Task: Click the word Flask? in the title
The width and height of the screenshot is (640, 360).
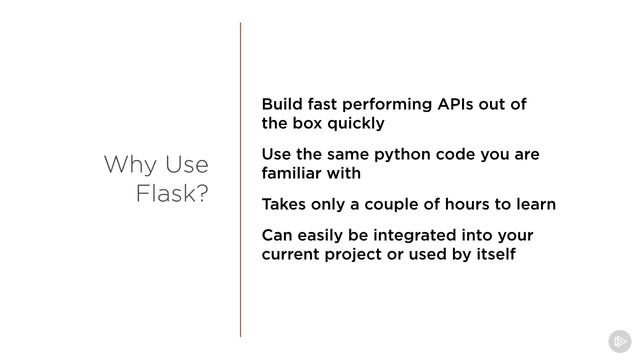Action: (x=172, y=193)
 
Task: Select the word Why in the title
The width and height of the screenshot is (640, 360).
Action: (x=130, y=164)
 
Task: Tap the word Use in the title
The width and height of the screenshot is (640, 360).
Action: (x=186, y=164)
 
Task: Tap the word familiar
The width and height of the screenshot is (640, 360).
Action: (x=293, y=174)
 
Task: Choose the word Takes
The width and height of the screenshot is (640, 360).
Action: (x=286, y=204)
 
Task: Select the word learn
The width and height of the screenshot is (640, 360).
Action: (x=534, y=204)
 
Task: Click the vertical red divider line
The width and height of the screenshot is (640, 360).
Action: (x=240, y=180)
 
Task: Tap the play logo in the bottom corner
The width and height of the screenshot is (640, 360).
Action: (x=619, y=340)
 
